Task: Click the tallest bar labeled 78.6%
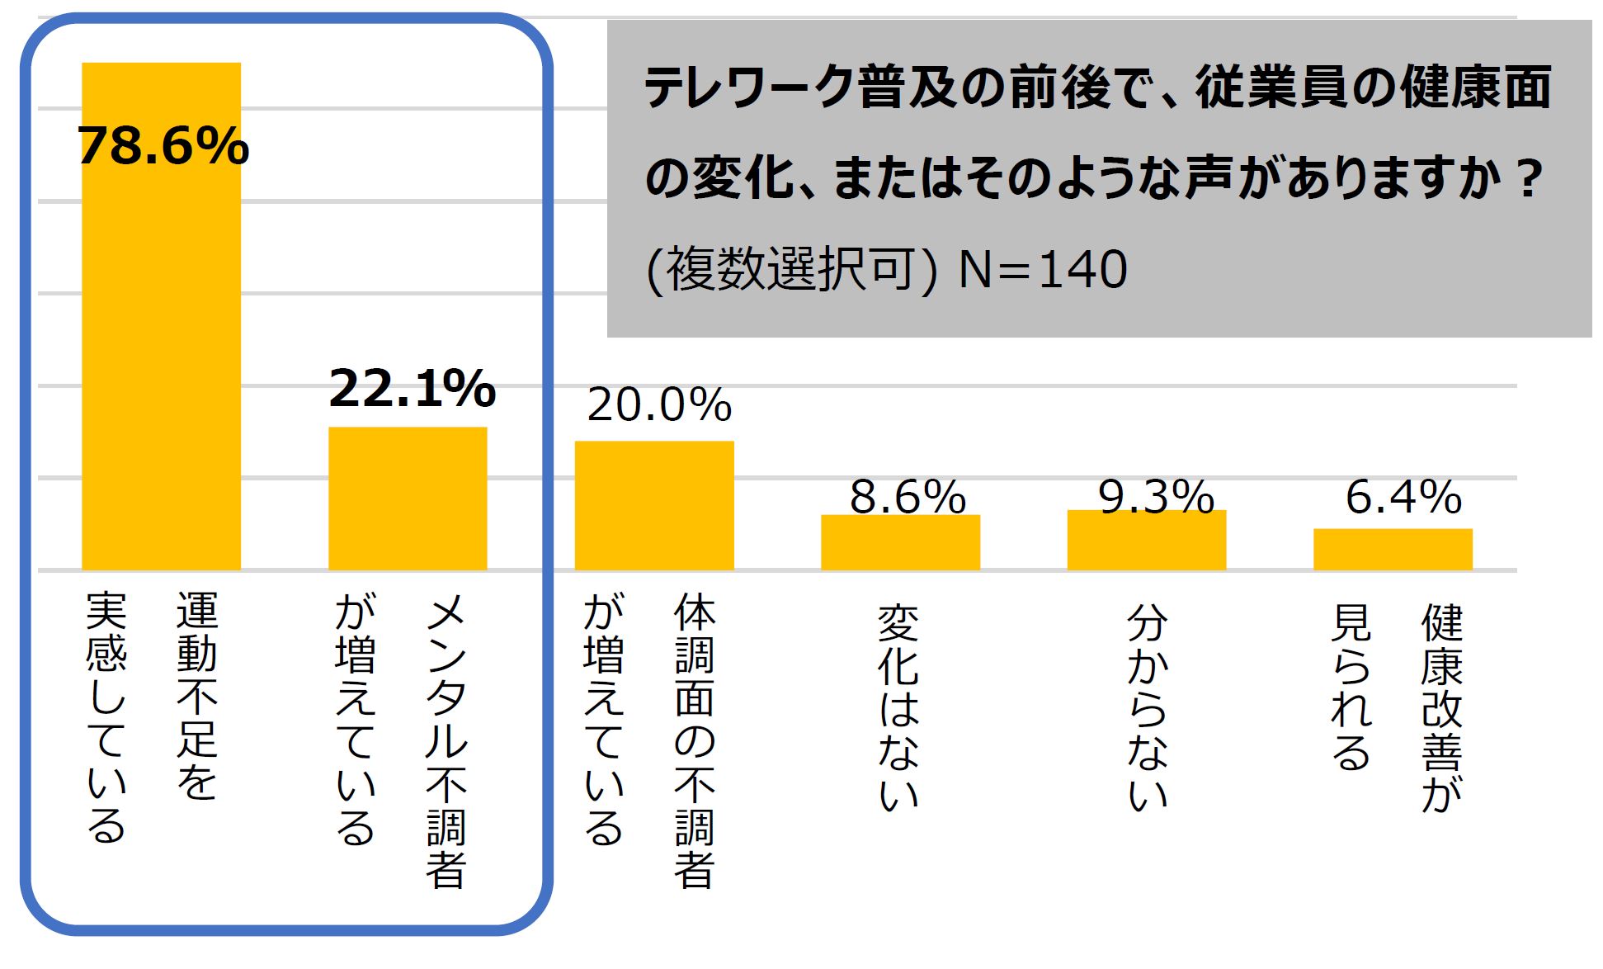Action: coord(161,347)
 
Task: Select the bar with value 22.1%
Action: coord(408,499)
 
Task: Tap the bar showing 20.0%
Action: coord(654,505)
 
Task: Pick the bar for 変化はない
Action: coord(900,542)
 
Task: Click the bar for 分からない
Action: coord(1147,541)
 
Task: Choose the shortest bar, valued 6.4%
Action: coord(1393,549)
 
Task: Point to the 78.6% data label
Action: coord(163,147)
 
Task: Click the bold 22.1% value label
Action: coord(412,389)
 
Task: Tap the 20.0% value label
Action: coord(659,405)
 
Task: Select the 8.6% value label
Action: coord(908,497)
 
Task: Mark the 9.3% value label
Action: coord(1156,497)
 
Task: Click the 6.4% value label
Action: coord(1403,497)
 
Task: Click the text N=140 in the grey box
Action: coord(1043,270)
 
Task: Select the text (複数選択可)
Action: coord(791,270)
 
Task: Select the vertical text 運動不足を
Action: coord(197,696)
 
